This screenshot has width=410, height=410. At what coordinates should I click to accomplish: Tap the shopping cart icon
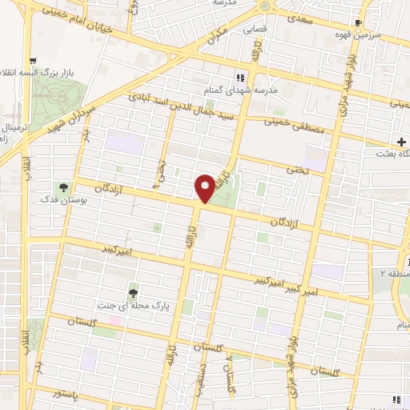[x=33, y=60]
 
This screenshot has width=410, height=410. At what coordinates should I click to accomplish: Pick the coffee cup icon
[x=365, y=23]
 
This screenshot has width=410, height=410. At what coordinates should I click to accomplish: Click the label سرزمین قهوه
[x=377, y=37]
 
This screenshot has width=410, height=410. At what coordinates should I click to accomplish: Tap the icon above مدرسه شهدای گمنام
[x=239, y=78]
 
